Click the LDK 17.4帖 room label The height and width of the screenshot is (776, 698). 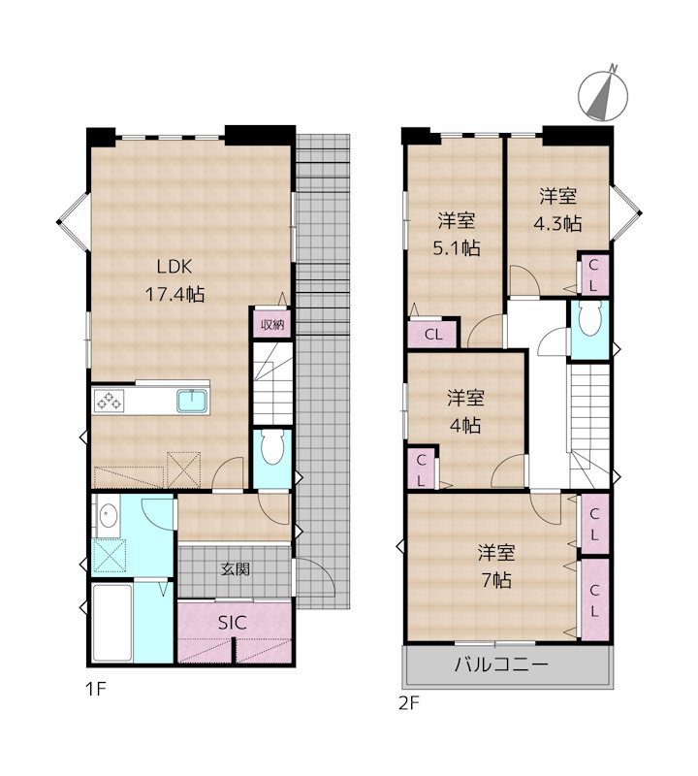[x=174, y=280]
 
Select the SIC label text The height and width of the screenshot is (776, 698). [x=231, y=624]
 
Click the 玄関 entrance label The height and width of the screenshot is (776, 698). [x=235, y=569]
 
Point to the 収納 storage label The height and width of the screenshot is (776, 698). [x=270, y=324]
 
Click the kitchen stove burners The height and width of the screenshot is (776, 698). [x=108, y=400]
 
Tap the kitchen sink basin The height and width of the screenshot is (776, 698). [x=192, y=400]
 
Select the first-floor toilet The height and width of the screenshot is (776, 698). [x=270, y=449]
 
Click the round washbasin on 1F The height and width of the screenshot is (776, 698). [x=107, y=516]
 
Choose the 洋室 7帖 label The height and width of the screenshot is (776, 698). [x=494, y=566]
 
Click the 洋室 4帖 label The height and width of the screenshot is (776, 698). [x=465, y=411]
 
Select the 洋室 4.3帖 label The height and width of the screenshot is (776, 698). [x=557, y=210]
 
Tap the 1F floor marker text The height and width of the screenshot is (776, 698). [x=93, y=691]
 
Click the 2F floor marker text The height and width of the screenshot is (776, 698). [x=407, y=702]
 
